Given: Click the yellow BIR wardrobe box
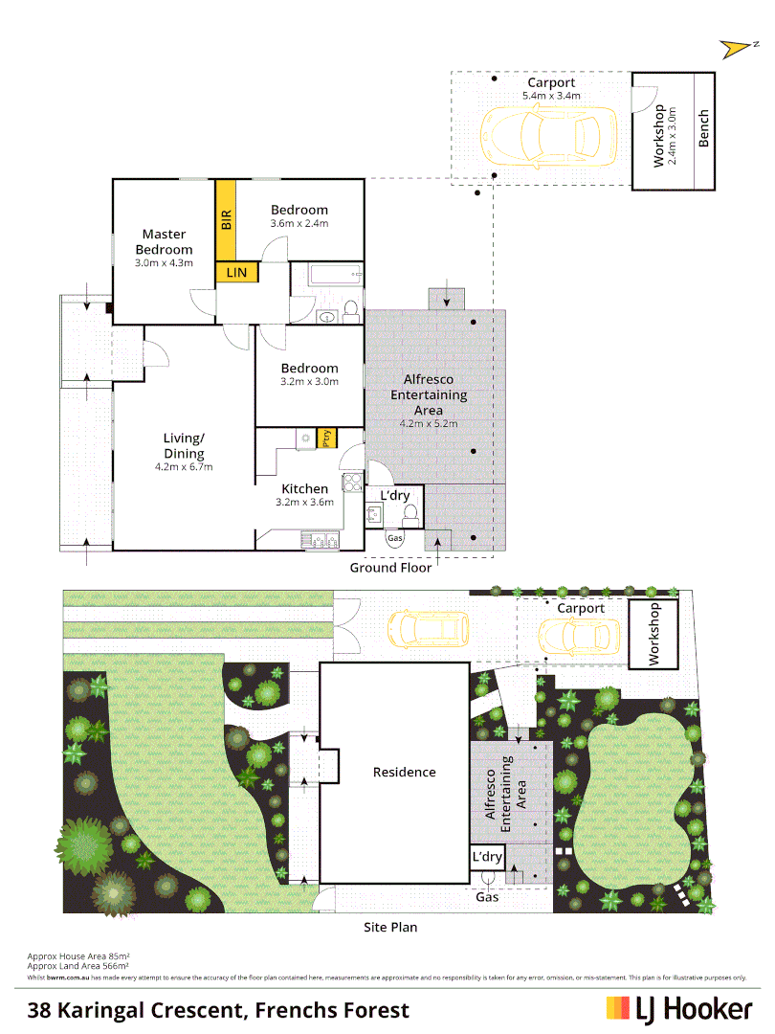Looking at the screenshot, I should click(226, 220).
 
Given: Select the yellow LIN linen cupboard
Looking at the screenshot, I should click(236, 273).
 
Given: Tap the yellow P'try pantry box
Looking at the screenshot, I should click(326, 438).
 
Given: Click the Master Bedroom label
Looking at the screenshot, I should click(164, 241).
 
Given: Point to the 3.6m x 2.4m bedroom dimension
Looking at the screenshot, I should click(299, 224).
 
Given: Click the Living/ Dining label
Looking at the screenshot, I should click(184, 446).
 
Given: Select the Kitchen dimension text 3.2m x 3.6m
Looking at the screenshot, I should click(304, 502).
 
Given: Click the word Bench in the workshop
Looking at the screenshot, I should click(704, 128).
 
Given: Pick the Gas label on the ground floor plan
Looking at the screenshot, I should click(395, 539).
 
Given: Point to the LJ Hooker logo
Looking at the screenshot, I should click(679, 1008).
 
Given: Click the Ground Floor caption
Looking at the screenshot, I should click(390, 567).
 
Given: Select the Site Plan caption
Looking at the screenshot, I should click(390, 927).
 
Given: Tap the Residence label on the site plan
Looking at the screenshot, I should click(404, 772).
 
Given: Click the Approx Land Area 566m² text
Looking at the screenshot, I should click(78, 966).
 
